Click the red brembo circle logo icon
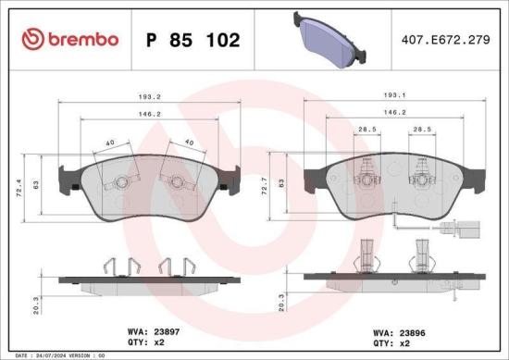[32, 40]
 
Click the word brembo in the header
[81, 40]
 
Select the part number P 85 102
[193, 41]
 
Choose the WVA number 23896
[409, 328]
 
